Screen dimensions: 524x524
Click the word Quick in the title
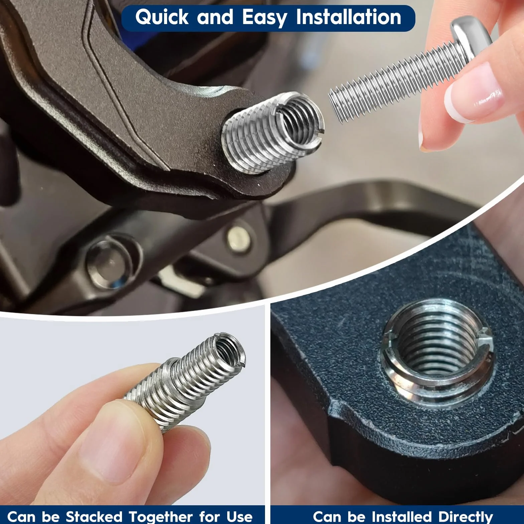[x=162, y=17]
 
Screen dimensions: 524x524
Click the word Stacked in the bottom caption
[x=94, y=516]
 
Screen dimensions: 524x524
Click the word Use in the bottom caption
[x=239, y=517]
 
